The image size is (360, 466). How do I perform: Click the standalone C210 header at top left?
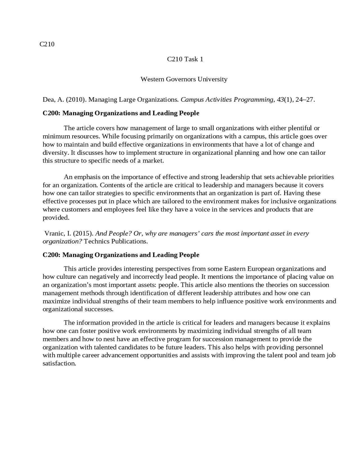pos(47,44)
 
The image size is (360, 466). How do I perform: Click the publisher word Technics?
pos(97,241)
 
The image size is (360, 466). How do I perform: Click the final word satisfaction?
pos(59,363)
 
